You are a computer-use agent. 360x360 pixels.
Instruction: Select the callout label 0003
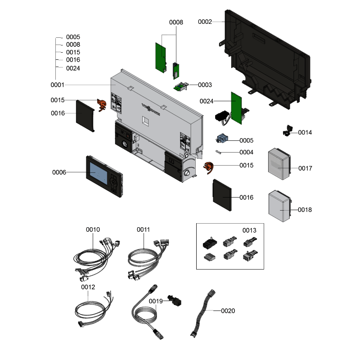205,85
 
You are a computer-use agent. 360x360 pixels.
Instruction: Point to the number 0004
246,152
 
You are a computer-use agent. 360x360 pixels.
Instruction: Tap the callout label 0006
59,172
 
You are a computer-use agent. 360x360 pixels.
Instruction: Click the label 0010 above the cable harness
93,229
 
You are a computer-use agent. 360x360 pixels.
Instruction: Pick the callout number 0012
88,287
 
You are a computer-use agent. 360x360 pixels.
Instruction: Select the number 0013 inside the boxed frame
249,230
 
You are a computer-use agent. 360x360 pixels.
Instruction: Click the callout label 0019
156,301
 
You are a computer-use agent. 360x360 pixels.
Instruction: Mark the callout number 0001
58,85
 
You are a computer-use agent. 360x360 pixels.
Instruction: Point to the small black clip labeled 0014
286,131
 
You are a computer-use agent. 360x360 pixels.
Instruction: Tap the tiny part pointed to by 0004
219,152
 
